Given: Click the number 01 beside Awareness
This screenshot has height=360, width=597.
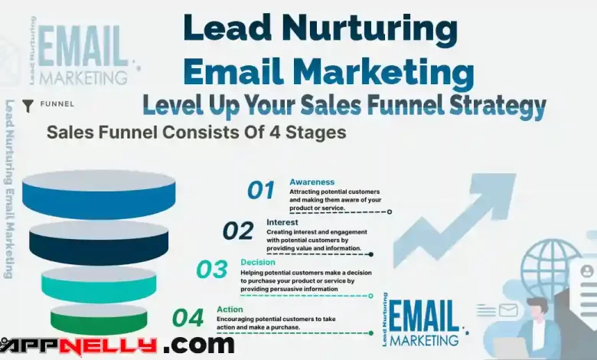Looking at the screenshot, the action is (261, 190).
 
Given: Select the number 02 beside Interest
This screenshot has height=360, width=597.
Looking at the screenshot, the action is (238, 231).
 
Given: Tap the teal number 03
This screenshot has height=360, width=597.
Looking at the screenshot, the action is (212, 270).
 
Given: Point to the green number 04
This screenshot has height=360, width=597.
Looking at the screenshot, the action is (188, 318).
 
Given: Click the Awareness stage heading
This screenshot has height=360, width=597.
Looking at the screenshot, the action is (312, 182).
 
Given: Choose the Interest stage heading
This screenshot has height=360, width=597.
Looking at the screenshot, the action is (282, 222).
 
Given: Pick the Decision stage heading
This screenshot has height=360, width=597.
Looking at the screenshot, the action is (258, 262).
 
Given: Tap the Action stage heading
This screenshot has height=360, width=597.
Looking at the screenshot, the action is (230, 309).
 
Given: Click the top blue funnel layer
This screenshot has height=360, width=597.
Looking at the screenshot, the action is (99, 195).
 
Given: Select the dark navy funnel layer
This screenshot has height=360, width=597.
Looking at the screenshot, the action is (99, 243).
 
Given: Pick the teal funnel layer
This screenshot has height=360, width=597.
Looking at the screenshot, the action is (99, 284).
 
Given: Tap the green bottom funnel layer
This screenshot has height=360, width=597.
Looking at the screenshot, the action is (99, 319).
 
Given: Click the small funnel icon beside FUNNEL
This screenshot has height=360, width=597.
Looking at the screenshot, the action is (28, 106).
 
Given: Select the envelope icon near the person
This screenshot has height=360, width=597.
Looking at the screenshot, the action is (508, 310).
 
